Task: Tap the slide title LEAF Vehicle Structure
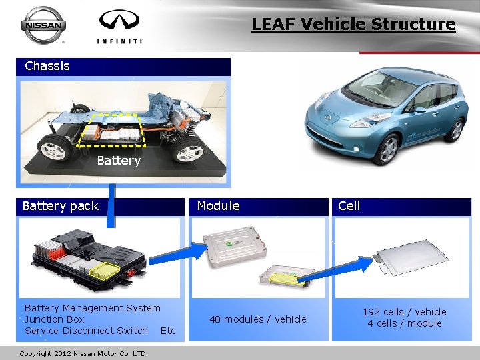(353, 25)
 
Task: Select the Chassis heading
(47, 66)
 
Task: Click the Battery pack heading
(60, 206)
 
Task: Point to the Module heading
(218, 206)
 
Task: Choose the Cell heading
(349, 206)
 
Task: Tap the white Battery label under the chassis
(119, 161)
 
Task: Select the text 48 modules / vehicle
(258, 319)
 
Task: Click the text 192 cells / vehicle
(404, 312)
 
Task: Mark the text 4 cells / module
(404, 324)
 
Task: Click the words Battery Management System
(92, 308)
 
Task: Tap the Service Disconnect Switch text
(86, 331)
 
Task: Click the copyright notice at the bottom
(83, 353)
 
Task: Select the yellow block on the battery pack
(105, 271)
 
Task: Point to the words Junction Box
(54, 319)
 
